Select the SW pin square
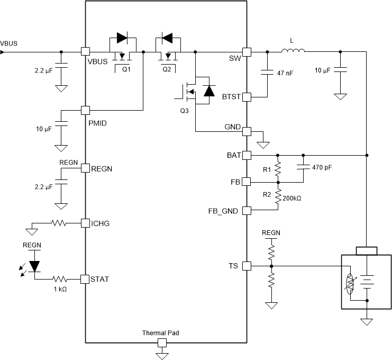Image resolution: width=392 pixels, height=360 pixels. point(246,52)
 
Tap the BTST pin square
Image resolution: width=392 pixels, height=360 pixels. point(246,97)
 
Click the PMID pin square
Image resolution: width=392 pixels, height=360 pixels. point(85,110)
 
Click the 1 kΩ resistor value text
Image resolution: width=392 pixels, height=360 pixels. point(60,289)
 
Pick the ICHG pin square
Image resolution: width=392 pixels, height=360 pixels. point(85,223)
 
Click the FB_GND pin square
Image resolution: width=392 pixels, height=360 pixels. point(246,211)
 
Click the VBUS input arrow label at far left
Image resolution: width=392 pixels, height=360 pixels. point(9,43)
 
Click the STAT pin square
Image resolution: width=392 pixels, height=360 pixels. point(85,278)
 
